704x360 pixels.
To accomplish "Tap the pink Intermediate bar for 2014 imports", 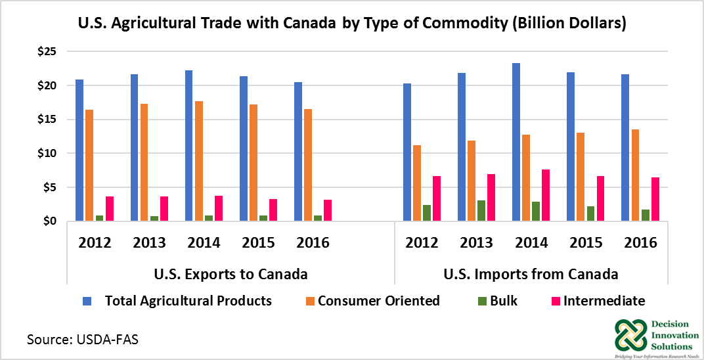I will click(x=546, y=195).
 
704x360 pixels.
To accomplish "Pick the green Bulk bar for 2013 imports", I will click(x=481, y=211).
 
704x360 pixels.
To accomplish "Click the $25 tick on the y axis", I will click(x=47, y=51).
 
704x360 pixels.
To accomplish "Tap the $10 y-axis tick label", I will click(x=47, y=153).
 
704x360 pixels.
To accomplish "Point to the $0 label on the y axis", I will click(x=51, y=221).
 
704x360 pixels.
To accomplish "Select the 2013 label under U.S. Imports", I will click(x=476, y=242).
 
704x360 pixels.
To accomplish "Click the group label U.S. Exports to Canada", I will click(x=230, y=273).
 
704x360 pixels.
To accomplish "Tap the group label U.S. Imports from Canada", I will click(x=531, y=273).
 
